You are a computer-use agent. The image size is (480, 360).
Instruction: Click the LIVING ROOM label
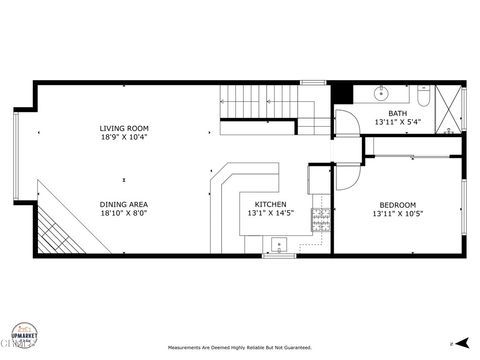124,128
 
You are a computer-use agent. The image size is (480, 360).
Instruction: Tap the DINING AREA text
124,204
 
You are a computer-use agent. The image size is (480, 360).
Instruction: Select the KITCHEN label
270,204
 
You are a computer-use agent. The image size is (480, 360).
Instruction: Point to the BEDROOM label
396,204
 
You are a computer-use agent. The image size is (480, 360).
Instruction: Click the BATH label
398,113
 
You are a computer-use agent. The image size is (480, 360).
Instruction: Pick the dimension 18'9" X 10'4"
124,137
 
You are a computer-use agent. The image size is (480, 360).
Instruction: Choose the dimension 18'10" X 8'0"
124,213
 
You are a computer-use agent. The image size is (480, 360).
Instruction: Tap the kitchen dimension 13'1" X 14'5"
270,213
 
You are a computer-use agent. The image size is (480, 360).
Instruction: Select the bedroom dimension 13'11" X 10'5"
396,213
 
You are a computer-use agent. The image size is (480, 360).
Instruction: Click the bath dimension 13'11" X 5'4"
398,122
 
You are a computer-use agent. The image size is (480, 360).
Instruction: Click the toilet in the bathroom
424,97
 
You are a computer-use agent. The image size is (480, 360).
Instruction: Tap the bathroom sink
380,94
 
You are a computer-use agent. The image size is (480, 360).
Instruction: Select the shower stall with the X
451,108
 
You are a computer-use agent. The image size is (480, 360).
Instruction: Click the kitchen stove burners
321,219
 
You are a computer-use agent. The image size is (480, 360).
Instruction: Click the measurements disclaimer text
239,349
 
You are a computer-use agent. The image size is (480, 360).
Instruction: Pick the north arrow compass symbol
452,343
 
